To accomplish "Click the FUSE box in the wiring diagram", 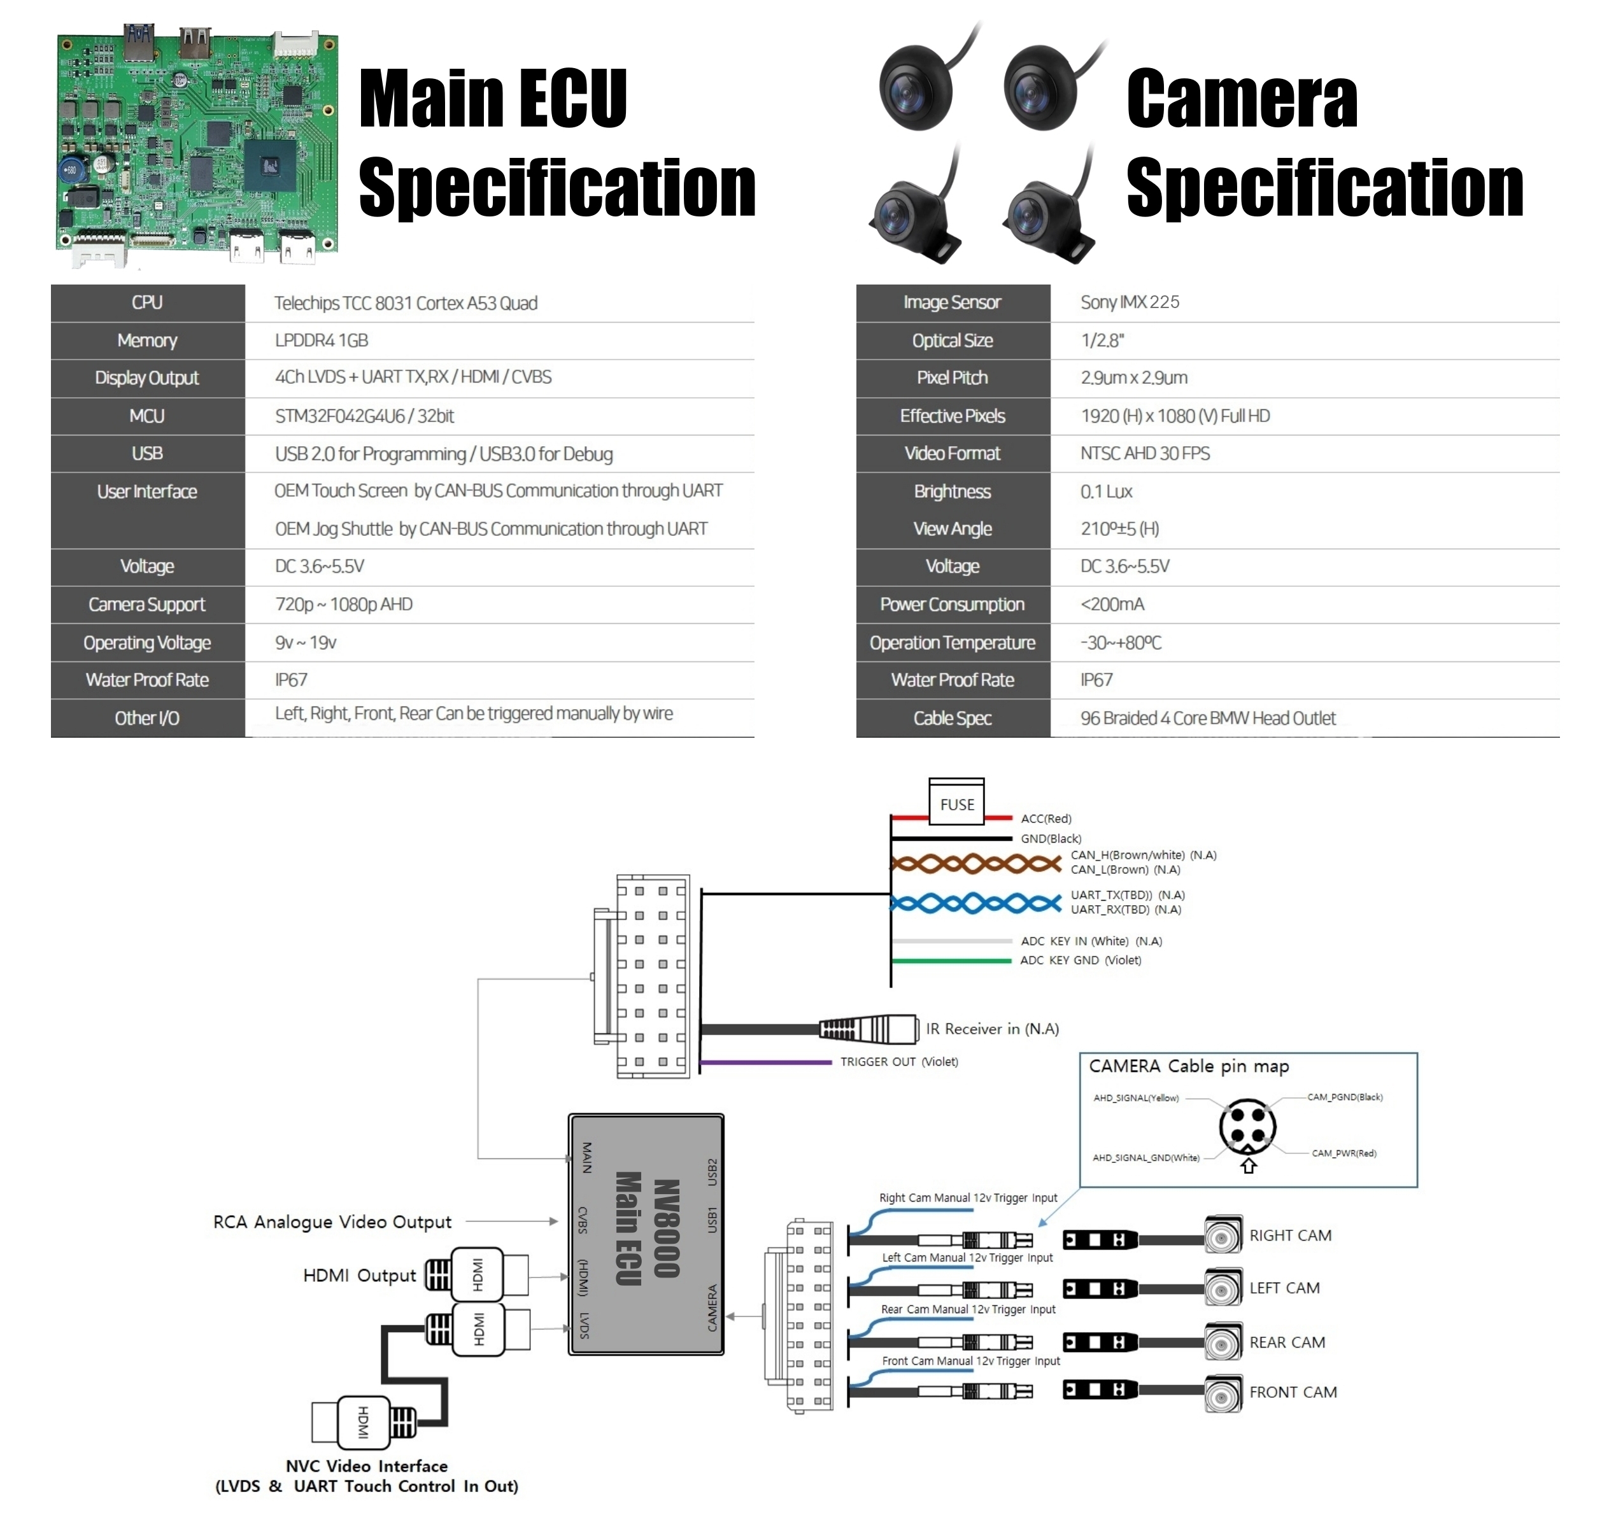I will [x=957, y=803].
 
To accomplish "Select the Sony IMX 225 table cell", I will [x=1130, y=302].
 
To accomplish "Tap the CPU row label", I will [x=147, y=302].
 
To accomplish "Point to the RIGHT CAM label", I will [x=1290, y=1235].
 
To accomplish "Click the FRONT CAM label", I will [x=1293, y=1392].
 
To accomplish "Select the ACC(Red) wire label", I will [x=1046, y=819].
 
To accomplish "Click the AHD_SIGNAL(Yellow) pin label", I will [x=1136, y=1097].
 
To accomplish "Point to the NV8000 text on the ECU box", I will [x=666, y=1229].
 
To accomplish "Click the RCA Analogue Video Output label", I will [x=332, y=1222].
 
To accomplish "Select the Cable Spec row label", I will [x=952, y=719].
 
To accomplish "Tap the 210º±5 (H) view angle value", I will [x=1119, y=529].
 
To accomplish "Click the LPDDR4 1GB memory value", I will [x=321, y=341].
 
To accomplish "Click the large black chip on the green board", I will [x=270, y=165].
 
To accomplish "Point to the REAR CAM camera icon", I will [x=1223, y=1343].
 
